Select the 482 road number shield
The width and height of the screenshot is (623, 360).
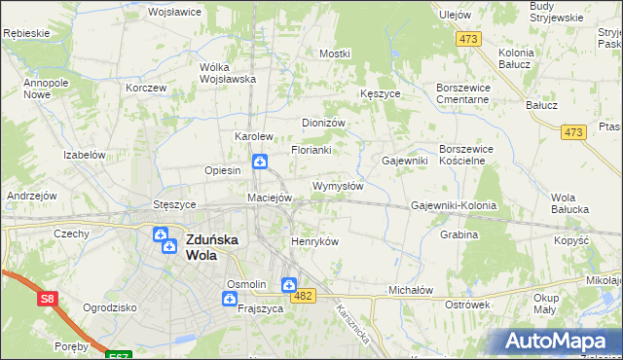click(304, 296)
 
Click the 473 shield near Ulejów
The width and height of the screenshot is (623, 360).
click(470, 39)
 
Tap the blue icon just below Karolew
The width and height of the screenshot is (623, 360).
click(260, 162)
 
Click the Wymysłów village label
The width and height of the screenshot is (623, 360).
click(338, 186)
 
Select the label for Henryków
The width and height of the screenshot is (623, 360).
click(314, 241)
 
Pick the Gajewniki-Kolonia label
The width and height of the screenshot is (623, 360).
click(454, 206)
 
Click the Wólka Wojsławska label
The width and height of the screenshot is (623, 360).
click(227, 73)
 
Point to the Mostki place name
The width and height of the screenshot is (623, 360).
click(334, 54)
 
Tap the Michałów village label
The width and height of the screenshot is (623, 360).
click(410, 290)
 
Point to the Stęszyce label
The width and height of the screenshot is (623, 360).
click(175, 205)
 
